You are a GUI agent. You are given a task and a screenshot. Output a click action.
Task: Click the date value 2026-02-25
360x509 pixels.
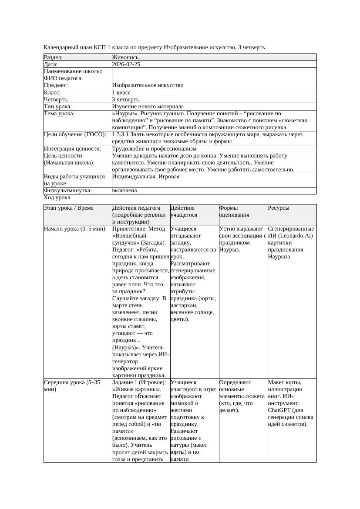tap(126, 64)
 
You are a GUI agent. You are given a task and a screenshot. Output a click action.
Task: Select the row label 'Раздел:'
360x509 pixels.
tap(54, 57)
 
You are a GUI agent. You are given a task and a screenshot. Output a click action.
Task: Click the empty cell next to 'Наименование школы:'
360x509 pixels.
tap(213, 71)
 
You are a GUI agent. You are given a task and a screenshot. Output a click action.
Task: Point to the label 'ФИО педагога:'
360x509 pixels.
tap(64, 78)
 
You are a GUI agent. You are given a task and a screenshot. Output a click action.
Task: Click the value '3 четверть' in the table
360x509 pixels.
tap(125, 99)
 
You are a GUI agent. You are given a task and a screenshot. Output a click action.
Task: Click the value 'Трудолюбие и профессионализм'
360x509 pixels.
tap(154, 148)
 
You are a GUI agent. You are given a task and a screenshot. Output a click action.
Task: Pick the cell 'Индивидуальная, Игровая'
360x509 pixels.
tap(146, 177)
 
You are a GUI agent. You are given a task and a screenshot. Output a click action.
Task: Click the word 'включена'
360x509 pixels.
tap(124, 191)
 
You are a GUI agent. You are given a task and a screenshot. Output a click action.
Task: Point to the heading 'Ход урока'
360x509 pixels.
tap(57, 198)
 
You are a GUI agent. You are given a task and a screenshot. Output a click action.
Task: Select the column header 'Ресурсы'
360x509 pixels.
tap(279, 208)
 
